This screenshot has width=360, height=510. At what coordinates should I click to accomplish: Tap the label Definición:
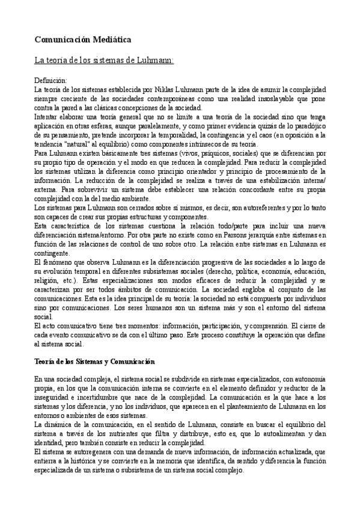tap(51, 81)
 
